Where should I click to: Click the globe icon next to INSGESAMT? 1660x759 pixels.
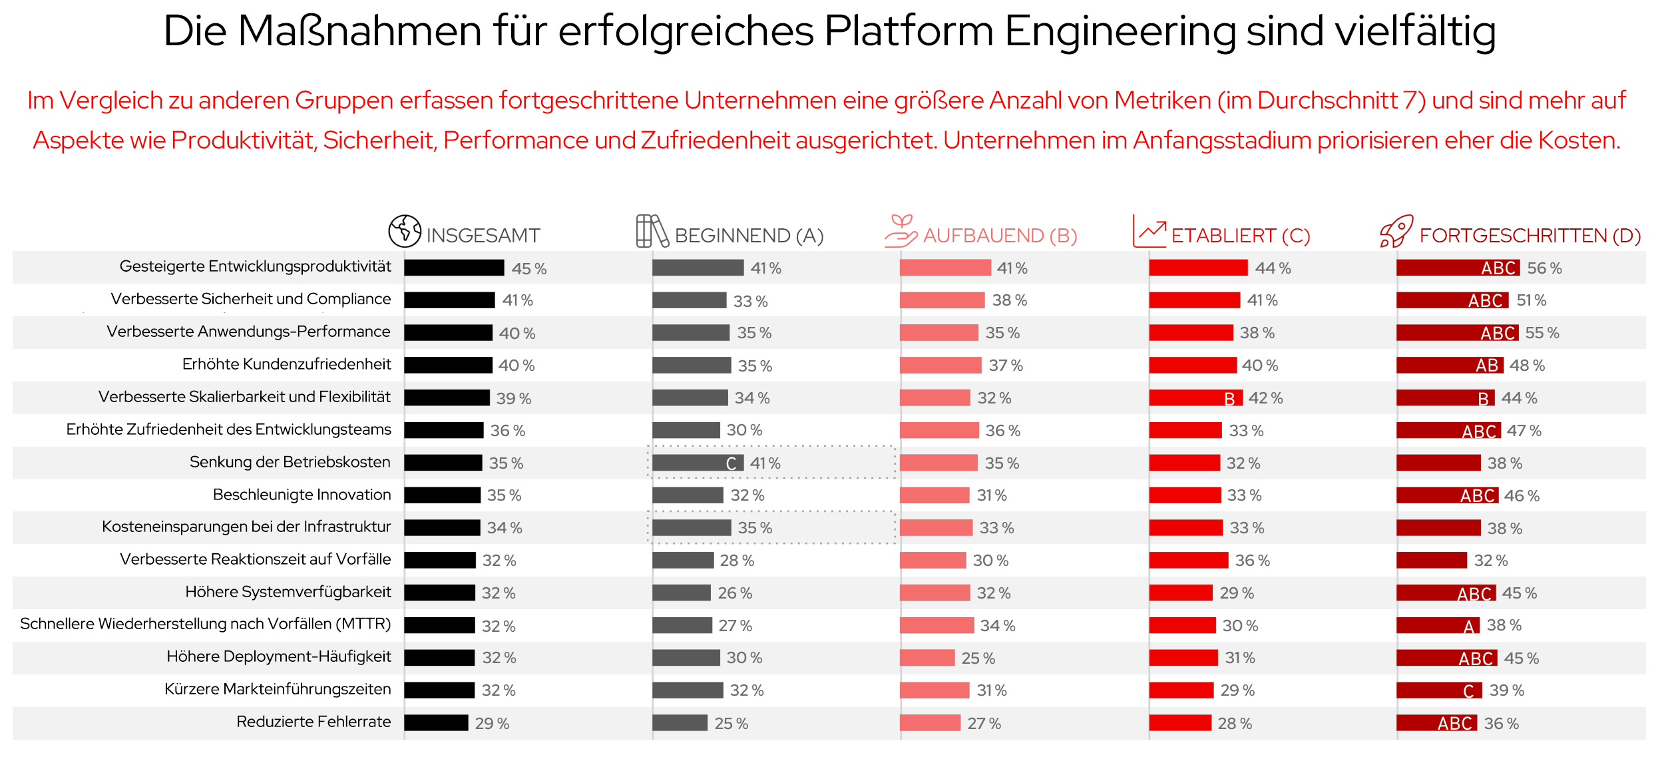pos(405,231)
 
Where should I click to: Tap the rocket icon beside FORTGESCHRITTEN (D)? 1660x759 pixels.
pos(1396,231)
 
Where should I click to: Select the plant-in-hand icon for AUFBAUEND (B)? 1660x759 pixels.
pos(901,231)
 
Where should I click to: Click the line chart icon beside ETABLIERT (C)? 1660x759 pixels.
pos(1149,231)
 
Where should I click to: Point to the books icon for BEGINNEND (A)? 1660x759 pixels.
pos(652,231)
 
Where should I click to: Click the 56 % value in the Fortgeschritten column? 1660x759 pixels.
pos(1544,268)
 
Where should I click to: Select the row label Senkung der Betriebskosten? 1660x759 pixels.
pos(290,462)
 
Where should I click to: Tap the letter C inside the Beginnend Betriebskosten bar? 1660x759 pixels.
pos(731,463)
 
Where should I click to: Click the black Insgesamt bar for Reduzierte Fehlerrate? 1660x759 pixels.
pos(436,723)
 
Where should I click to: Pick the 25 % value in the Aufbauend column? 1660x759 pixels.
pos(978,658)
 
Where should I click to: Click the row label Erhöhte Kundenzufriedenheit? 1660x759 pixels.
pos(286,364)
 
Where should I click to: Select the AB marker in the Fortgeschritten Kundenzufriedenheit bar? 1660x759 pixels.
pos(1486,366)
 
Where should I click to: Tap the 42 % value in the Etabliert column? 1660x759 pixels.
pos(1265,398)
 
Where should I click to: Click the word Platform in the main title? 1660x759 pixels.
pos(909,31)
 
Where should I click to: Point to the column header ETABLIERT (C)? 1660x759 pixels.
pos(1240,236)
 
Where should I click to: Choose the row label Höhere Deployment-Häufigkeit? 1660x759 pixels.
pos(278,656)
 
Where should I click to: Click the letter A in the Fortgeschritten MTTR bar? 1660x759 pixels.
pos(1469,627)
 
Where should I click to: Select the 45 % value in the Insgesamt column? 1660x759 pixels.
pos(529,269)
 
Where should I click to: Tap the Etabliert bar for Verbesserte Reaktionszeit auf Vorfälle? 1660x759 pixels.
pos(1188,561)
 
